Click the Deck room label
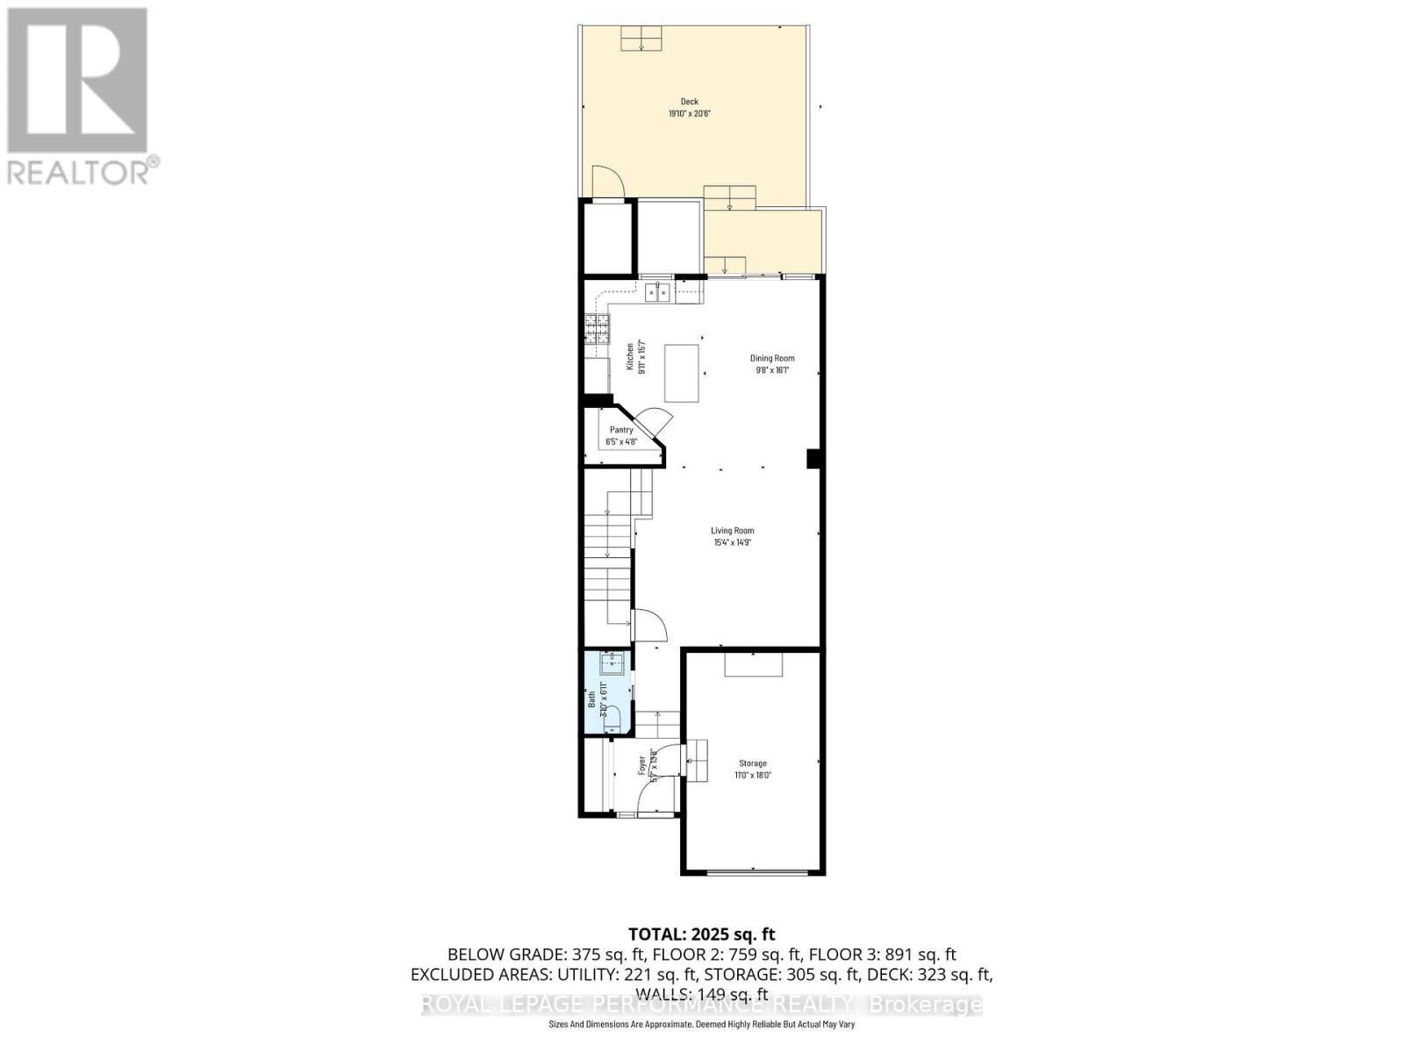coord(689,102)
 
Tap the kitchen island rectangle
coord(682,373)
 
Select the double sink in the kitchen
coord(658,292)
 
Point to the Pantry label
coord(621,430)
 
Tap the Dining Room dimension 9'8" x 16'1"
coord(772,370)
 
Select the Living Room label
coord(732,530)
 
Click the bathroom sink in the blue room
coord(613,663)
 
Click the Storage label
coord(752,763)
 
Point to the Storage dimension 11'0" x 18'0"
coord(752,776)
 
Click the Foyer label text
coord(641,765)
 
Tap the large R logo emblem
coord(77,81)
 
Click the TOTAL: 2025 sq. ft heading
coord(701,935)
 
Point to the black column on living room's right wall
coord(813,458)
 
